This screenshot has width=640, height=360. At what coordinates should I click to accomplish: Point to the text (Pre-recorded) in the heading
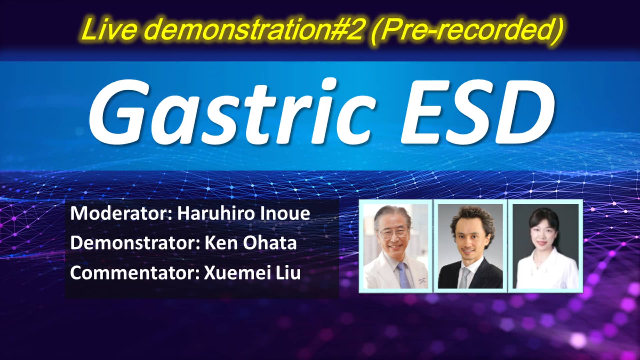click(467, 29)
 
